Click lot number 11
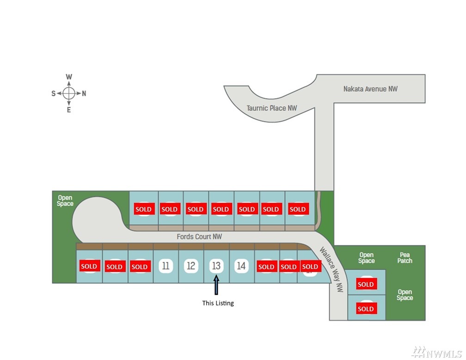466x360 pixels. [166, 266]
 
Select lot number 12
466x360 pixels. [191, 266]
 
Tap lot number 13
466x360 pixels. [216, 266]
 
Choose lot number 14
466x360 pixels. [241, 266]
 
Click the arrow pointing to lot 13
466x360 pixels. [216, 285]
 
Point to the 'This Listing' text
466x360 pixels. [218, 303]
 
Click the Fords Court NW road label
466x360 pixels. [199, 236]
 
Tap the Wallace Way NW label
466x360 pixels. [331, 269]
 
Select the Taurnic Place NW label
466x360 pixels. [272, 108]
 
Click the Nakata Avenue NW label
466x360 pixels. [370, 89]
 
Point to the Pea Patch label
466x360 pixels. [405, 258]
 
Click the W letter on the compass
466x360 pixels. [69, 77]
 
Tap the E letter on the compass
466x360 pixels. [69, 110]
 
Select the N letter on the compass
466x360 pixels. [84, 93]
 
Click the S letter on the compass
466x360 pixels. [54, 93]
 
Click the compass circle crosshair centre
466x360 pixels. [69, 93]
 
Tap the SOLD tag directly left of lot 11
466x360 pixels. [140, 267]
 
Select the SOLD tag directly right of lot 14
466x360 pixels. [266, 267]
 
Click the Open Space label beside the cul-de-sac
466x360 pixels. [65, 200]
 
